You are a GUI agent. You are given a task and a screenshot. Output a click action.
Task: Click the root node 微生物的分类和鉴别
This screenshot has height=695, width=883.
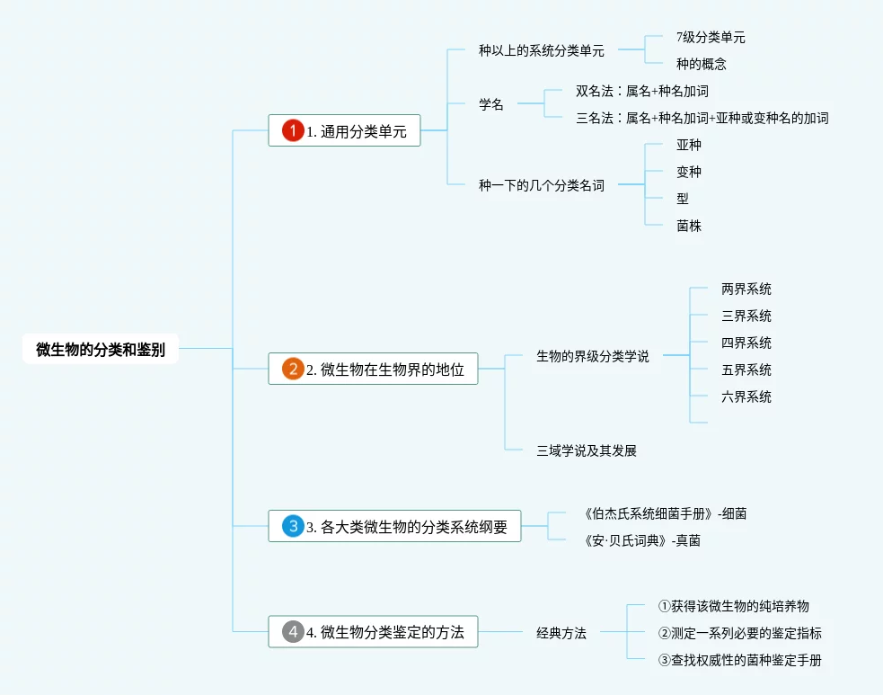(101, 349)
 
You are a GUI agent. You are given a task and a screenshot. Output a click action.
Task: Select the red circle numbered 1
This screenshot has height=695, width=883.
(293, 131)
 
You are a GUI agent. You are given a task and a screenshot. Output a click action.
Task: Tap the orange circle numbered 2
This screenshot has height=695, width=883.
(293, 369)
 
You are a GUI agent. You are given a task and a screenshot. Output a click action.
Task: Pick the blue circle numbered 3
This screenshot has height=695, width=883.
(293, 526)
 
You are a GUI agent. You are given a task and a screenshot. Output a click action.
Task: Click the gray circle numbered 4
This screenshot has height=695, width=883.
(293, 632)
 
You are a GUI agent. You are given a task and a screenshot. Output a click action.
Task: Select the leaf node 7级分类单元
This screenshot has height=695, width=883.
(711, 38)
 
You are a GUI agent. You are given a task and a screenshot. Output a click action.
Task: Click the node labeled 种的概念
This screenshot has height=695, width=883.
(701, 64)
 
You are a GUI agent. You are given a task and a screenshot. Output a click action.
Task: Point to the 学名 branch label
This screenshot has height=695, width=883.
(491, 104)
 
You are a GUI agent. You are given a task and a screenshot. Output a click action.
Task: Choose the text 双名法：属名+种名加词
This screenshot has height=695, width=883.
(642, 91)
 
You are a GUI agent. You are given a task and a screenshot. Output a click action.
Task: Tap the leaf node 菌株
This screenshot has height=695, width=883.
(689, 226)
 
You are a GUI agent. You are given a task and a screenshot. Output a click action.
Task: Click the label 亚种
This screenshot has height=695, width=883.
(689, 145)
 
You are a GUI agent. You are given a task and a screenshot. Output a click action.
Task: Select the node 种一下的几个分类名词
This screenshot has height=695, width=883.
(541, 185)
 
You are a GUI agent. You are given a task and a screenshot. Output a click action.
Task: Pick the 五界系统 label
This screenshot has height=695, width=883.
(746, 370)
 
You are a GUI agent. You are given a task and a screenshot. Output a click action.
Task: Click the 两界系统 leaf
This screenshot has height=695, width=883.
(746, 289)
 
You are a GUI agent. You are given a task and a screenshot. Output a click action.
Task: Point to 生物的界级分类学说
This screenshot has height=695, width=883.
(592, 356)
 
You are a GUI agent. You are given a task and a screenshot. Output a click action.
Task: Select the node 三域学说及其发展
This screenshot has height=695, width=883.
(586, 450)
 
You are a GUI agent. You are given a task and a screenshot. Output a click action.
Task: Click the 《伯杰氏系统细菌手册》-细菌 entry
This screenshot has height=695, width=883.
(665, 513)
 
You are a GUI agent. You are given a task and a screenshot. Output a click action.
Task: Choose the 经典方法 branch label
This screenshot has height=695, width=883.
(561, 633)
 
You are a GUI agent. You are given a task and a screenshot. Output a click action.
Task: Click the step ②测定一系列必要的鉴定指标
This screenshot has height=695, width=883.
(739, 633)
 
